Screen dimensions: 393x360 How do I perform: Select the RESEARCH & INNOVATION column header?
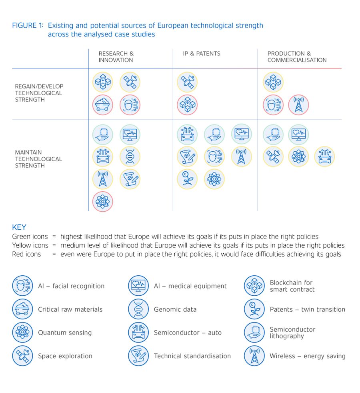point(116,57)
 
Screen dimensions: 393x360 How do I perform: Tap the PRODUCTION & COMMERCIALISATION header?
point(297,57)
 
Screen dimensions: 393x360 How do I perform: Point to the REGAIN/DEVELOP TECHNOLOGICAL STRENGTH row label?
point(39,93)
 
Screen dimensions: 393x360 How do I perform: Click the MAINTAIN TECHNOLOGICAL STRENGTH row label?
point(38,159)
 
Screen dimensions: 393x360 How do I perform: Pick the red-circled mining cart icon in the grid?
point(103,105)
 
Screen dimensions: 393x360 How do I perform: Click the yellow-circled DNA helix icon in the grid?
point(130,156)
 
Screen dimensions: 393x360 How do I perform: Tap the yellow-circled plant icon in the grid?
point(187,179)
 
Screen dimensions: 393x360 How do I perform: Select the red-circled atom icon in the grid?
point(103,201)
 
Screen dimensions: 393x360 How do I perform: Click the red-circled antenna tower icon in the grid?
point(298,105)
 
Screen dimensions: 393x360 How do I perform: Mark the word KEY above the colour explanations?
point(19,227)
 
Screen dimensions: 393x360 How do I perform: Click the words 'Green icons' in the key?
point(30,237)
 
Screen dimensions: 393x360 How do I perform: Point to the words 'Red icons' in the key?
point(26,254)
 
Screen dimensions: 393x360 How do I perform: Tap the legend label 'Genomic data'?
point(175,309)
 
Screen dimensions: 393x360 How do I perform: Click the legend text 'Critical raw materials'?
point(70,309)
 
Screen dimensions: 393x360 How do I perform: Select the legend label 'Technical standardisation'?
point(192,356)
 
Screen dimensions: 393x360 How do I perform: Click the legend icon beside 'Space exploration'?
point(22,355)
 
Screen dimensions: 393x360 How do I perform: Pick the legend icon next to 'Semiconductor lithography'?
point(254,332)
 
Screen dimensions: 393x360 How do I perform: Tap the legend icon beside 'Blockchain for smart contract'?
point(254,286)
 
